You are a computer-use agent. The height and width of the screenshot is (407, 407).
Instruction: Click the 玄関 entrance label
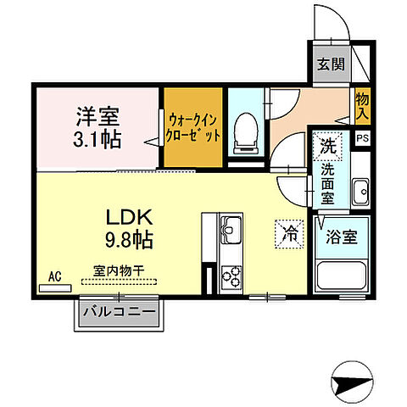329,63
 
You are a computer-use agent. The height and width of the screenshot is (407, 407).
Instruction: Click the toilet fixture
246,131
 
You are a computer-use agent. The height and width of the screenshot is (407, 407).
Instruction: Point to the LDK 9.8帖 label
128,227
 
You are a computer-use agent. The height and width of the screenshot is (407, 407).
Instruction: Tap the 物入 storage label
362,106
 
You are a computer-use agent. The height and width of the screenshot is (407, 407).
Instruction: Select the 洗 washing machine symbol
327,144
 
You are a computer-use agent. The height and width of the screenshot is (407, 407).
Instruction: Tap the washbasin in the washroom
360,190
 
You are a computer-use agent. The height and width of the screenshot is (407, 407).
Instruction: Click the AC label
54,276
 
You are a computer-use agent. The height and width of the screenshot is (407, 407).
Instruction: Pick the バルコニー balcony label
119,312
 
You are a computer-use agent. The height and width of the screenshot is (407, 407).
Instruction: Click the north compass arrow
353,386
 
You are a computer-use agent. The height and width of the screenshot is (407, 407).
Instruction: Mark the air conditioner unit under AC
55,287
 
